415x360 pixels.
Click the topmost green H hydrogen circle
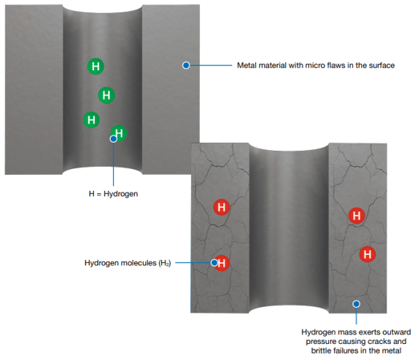[96, 66]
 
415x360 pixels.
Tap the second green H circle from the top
[107, 95]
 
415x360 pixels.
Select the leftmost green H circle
[92, 119]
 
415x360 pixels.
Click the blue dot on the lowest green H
[113, 139]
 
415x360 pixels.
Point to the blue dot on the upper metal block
[186, 65]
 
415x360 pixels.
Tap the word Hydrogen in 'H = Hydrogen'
[120, 194]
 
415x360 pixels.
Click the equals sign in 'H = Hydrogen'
[99, 194]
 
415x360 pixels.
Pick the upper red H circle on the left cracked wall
[222, 207]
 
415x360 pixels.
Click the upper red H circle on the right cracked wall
[356, 216]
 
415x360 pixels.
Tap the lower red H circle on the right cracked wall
[367, 254]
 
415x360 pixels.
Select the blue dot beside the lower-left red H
[214, 263]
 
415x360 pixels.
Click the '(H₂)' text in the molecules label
[165, 263]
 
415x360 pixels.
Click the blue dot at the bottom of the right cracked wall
[356, 304]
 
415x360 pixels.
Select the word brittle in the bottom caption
[320, 350]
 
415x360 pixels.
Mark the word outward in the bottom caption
[397, 332]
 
